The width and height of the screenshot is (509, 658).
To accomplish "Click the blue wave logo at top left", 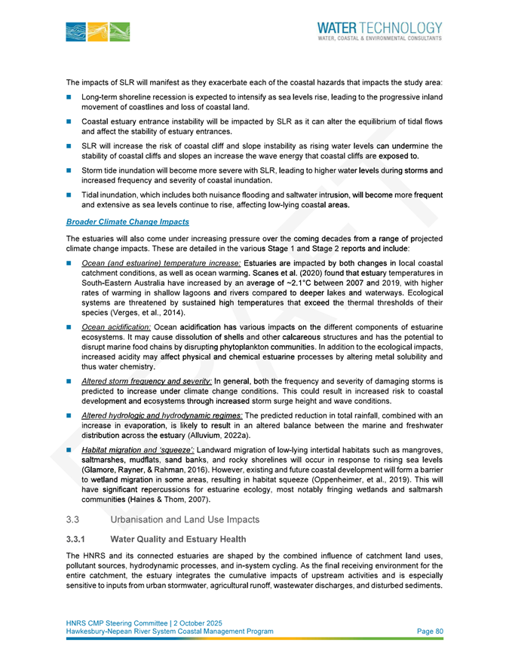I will click(97, 32).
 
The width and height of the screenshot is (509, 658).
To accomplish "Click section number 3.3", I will click(72, 519).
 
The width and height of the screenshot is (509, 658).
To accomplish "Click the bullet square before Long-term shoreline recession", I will click(70, 97).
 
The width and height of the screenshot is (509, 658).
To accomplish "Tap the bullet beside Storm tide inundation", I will click(70, 172).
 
